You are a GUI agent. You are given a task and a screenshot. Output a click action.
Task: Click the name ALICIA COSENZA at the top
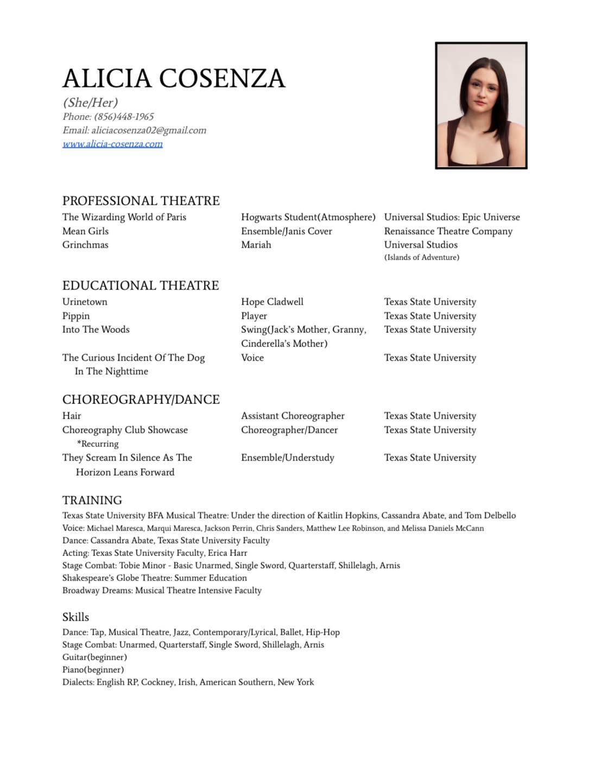(x=174, y=78)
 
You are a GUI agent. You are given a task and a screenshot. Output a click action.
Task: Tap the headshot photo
(x=481, y=105)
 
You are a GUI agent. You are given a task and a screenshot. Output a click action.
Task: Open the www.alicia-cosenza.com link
(x=112, y=144)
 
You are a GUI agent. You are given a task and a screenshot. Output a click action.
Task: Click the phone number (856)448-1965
(x=124, y=117)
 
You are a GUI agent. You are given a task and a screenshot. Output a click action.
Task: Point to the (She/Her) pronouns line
(x=90, y=103)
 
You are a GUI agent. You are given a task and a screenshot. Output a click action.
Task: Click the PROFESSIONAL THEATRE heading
(x=141, y=201)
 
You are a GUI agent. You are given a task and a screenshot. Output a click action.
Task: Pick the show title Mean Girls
(x=85, y=231)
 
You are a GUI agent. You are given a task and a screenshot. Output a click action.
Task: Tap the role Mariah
(x=256, y=245)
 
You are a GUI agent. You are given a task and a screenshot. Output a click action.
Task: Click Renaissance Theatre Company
(x=448, y=231)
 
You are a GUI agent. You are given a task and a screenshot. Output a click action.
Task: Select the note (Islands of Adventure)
(x=422, y=257)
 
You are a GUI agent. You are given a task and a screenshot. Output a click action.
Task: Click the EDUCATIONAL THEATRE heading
(x=141, y=286)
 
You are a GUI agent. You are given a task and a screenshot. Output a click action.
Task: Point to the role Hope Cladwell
(x=272, y=302)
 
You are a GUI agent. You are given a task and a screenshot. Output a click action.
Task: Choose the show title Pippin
(x=76, y=316)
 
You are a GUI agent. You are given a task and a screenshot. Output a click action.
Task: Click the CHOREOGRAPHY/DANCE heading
(x=141, y=400)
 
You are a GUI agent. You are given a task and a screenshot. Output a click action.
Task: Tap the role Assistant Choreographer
(x=293, y=416)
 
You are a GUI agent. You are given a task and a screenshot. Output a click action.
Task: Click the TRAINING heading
(x=92, y=500)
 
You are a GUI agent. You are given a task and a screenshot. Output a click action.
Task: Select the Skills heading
(x=75, y=617)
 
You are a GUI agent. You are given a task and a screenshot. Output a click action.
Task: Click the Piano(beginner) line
(x=93, y=669)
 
